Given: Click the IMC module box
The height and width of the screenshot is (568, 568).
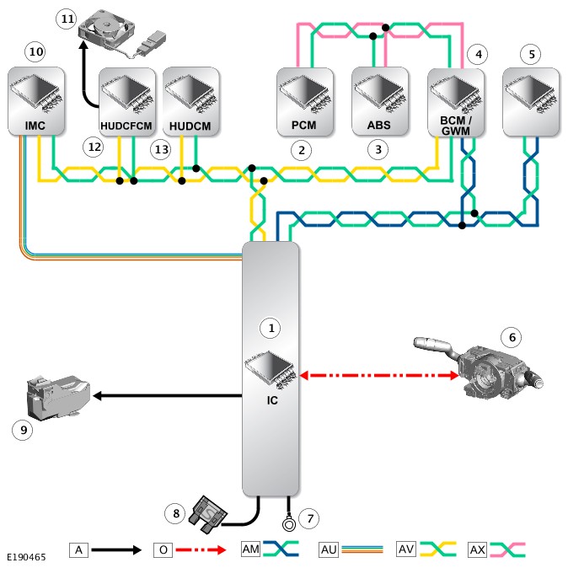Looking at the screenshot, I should pyautogui.click(x=35, y=102).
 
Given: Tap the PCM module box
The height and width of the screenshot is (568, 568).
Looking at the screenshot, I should pyautogui.click(x=306, y=102).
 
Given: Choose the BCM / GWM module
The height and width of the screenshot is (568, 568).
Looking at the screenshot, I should pyautogui.click(x=455, y=101).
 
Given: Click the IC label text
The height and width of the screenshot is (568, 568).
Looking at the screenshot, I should pyautogui.click(x=270, y=400).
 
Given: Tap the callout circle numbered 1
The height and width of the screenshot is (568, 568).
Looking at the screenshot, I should pyautogui.click(x=270, y=325).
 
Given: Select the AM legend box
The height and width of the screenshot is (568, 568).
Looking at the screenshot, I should pyautogui.click(x=250, y=549).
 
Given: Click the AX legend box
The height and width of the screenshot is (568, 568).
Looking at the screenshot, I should pyautogui.click(x=476, y=549).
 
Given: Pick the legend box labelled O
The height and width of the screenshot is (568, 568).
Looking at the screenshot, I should pyautogui.click(x=162, y=549).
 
